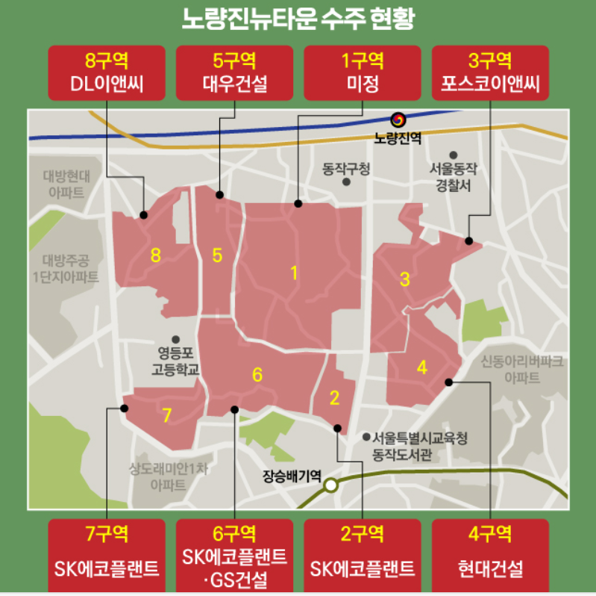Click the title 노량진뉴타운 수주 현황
tap(298, 19)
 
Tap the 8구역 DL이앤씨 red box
tap(107, 72)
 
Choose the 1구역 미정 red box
tap(363, 72)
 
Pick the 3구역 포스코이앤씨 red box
tap(491, 72)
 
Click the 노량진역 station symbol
tap(398, 119)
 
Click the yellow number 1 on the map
tap(295, 273)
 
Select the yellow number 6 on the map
tap(257, 375)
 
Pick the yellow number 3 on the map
tap(405, 280)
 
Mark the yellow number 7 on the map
tap(167, 415)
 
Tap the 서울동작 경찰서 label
tap(453, 177)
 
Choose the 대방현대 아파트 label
tap(66, 184)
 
